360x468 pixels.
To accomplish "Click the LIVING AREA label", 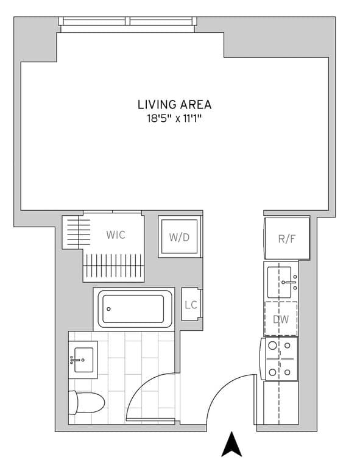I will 174,104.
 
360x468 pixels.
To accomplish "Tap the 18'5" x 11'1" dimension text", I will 174,119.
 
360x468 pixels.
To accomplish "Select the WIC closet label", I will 116,235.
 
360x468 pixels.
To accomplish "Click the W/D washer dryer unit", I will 178,236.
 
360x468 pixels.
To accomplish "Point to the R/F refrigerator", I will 286,238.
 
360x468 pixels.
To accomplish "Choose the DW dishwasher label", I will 281,319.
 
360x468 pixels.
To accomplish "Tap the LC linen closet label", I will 191,305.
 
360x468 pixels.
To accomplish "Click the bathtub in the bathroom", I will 133,309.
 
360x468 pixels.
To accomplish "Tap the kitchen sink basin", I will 281,281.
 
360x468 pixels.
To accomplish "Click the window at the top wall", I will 129,22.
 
